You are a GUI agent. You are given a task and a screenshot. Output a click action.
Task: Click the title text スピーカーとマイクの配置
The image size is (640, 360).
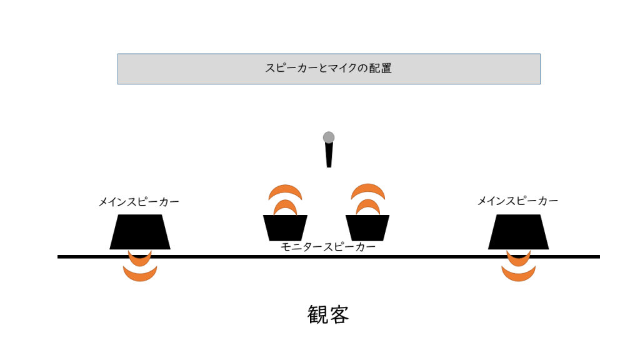pos(329,68)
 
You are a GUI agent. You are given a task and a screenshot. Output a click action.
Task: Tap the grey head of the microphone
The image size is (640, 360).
pos(329,137)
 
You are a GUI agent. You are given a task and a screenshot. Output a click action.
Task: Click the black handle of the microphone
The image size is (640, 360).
pos(329,155)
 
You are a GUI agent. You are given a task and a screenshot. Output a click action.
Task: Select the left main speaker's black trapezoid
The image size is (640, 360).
pos(139,232)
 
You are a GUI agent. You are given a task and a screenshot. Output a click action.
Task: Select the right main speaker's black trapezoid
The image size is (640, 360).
pos(518,232)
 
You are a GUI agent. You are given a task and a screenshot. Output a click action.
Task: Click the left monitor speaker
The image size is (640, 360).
pos(285,227)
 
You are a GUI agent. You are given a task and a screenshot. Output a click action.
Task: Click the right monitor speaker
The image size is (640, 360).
pos(367,227)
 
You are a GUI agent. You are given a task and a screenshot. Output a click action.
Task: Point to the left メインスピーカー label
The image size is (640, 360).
pos(139,202)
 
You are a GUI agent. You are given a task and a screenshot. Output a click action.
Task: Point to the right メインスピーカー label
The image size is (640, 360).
pos(517,201)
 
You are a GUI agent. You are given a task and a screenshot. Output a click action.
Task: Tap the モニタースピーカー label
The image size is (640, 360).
pos(327,247)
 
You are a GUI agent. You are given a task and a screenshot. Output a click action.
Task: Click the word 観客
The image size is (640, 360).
pos(328,314)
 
